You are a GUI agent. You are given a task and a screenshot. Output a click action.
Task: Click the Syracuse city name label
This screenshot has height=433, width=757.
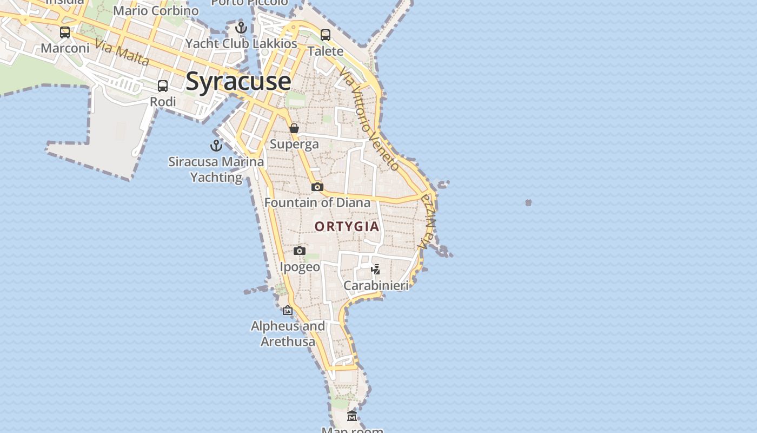238,81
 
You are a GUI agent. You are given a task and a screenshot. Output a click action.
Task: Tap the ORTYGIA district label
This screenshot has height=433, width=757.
347,226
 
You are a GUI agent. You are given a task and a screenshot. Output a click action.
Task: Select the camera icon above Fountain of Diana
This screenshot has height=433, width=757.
317,187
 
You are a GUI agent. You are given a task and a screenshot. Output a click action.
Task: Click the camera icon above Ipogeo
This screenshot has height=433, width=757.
300,251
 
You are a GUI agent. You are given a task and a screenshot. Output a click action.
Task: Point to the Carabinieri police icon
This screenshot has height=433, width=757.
376,269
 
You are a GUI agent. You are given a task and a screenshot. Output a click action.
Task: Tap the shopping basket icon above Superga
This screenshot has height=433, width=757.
294,129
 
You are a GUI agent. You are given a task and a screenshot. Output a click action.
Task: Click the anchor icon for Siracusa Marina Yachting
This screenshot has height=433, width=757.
216,146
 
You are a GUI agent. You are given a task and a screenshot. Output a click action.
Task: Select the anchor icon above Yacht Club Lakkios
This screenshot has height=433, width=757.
241,28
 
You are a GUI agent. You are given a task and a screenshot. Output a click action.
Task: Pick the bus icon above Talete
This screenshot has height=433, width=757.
326,35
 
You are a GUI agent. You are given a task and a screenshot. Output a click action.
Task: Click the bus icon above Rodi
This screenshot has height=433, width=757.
163,86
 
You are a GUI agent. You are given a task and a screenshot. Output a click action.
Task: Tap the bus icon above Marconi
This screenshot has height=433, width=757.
65,32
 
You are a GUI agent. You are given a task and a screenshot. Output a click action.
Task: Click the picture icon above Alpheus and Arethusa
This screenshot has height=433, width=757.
288,310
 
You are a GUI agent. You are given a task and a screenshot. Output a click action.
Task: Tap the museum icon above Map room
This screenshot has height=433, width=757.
352,416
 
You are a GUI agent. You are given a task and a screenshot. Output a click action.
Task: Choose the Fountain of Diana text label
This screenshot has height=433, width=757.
317,203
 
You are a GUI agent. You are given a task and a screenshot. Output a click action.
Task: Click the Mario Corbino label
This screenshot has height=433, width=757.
156,11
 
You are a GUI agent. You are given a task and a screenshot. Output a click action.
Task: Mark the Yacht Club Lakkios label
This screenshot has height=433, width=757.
241,44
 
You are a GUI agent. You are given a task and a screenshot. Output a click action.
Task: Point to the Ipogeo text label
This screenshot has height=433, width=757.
300,267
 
